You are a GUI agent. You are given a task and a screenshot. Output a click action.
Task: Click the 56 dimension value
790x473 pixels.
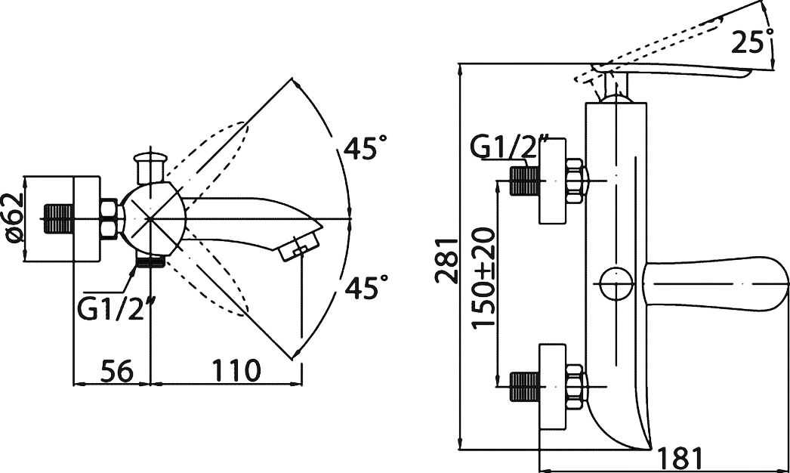point(117,371)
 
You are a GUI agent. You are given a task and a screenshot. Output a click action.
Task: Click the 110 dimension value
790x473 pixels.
point(236,371)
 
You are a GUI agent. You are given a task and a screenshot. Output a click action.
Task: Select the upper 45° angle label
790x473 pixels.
point(366,148)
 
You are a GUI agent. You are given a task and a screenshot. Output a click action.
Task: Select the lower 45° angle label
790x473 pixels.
point(366,286)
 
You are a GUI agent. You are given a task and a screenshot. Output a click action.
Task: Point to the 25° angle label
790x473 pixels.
point(752,41)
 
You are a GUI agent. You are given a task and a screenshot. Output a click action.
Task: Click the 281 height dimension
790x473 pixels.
point(448,260)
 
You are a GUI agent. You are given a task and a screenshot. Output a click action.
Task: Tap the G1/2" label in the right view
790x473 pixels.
point(509,147)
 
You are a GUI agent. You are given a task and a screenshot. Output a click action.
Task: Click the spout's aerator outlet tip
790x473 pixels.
point(301,246)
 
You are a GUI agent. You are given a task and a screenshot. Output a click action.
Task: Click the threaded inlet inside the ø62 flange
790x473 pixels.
point(60,218)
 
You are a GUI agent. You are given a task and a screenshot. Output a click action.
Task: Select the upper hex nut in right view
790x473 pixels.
point(575,181)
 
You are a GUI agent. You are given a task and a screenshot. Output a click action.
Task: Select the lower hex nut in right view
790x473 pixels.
point(575,386)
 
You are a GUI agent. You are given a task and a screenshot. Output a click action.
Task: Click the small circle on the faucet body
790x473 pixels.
point(616,283)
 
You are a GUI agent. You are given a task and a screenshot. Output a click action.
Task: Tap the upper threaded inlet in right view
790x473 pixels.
point(525,181)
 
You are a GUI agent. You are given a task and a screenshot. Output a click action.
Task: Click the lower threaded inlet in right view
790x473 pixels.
point(525,386)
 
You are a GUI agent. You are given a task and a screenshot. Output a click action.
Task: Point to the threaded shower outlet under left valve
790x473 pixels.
point(150,261)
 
